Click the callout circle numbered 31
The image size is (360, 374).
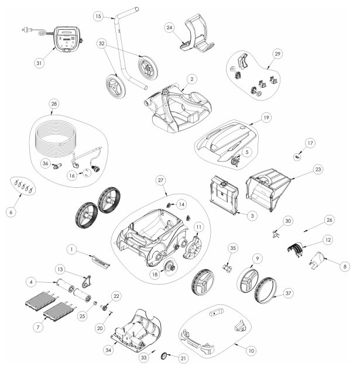click(x=39, y=63)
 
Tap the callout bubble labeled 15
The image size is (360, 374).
click(x=98, y=16)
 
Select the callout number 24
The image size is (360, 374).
click(x=169, y=28)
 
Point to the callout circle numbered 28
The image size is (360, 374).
click(x=54, y=104)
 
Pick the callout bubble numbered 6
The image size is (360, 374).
click(x=11, y=212)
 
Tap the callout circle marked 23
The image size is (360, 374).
click(x=318, y=169)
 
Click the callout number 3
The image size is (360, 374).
click(x=252, y=216)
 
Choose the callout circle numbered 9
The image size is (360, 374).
click(x=257, y=259)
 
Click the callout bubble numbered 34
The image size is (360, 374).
click(x=108, y=350)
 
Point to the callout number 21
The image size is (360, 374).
click(x=183, y=358)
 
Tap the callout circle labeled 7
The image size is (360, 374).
click(x=38, y=327)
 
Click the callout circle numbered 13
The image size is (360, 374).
click(x=60, y=269)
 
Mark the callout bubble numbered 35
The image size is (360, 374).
click(x=233, y=248)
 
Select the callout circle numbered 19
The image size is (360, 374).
click(x=266, y=118)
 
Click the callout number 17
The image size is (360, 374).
click(x=310, y=143)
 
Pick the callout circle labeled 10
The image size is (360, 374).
click(x=251, y=351)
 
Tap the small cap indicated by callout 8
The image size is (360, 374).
click(x=317, y=259)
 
